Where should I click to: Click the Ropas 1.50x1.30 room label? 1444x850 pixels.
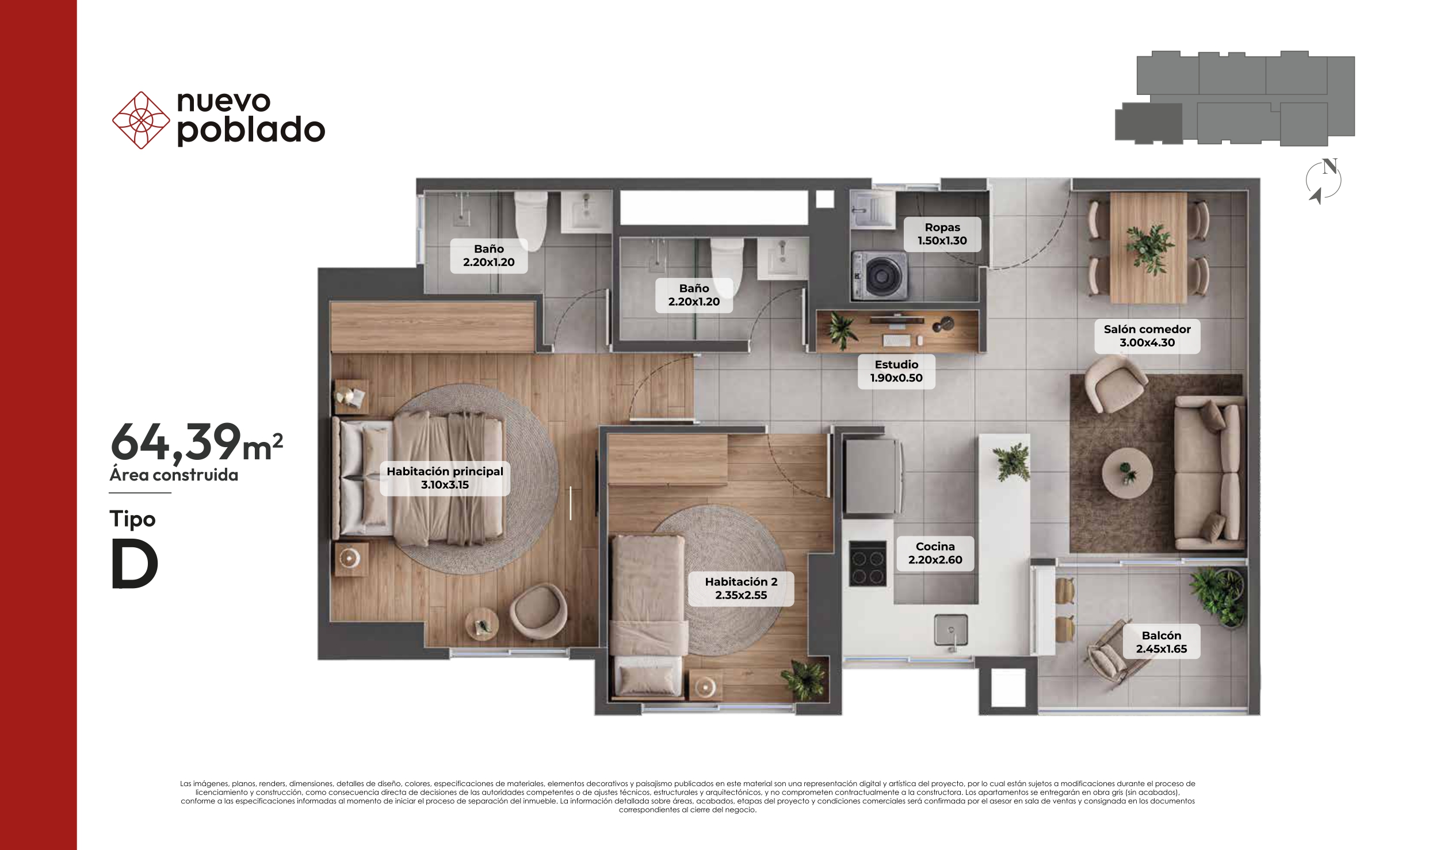[x=942, y=234]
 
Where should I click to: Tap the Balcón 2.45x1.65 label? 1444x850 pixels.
[x=1161, y=642]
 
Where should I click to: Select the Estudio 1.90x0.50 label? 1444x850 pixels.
[x=896, y=371]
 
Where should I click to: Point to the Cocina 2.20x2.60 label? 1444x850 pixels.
[x=935, y=553]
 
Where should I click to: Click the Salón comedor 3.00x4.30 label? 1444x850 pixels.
[x=1147, y=336]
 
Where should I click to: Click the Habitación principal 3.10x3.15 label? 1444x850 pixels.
[x=445, y=478]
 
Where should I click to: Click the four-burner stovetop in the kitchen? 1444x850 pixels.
[x=868, y=563]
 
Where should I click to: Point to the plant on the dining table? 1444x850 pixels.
[x=1149, y=249]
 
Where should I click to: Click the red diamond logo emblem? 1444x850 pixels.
[x=141, y=120]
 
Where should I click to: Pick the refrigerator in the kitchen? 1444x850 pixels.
[x=873, y=477]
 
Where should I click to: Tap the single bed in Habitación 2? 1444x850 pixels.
[x=648, y=617]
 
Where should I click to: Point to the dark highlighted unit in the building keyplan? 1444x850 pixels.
[x=1148, y=123]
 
